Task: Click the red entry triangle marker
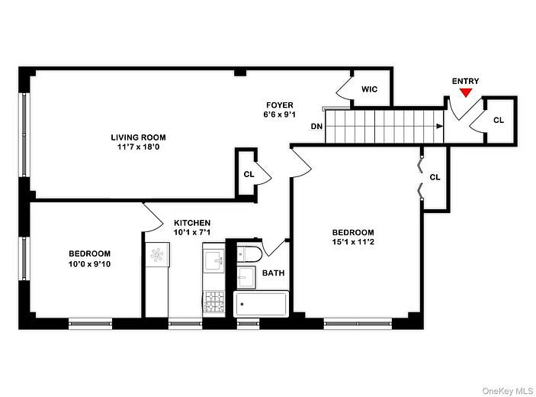[465, 93]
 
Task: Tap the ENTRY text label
[465, 81]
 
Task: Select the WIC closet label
[369, 89]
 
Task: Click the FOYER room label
[279, 105]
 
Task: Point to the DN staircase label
[316, 127]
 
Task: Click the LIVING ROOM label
[138, 137]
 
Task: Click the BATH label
[274, 273]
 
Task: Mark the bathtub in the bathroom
[261, 305]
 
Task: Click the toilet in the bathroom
[249, 253]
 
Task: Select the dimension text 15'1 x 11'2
[352, 243]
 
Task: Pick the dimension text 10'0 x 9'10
[89, 264]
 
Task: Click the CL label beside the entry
[498, 121]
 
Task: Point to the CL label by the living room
[249, 174]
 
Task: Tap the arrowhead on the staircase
[440, 127]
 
